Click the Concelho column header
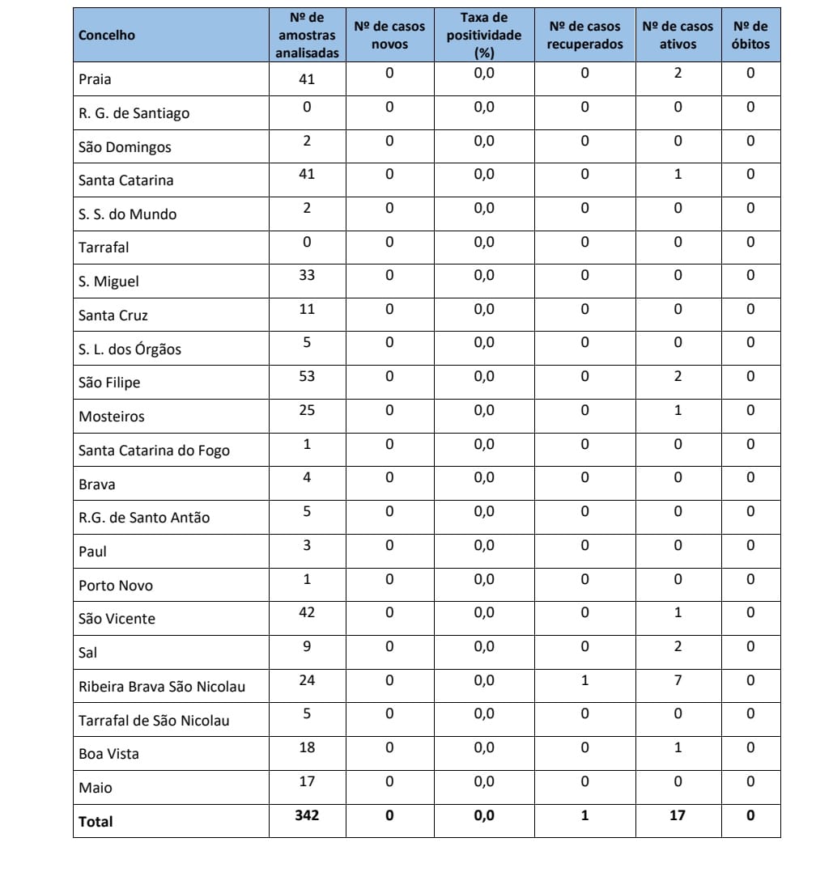[107, 36]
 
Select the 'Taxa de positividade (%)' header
[484, 36]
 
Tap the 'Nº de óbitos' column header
[750, 36]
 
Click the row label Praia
[95, 79]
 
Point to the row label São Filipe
[109, 383]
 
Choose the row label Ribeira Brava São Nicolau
[162, 687]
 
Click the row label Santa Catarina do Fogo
[154, 451]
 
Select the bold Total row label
[96, 822]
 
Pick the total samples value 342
[307, 815]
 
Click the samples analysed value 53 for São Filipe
[307, 376]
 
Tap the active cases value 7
[678, 680]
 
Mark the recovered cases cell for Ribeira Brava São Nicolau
[584, 680]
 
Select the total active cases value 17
[678, 815]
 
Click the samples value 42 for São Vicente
[307, 612]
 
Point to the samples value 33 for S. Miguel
[307, 275]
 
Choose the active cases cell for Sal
[678, 646]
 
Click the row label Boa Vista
[108, 754]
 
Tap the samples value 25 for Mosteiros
[307, 410]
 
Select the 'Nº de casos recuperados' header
[584, 36]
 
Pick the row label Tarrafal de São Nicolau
[154, 720]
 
